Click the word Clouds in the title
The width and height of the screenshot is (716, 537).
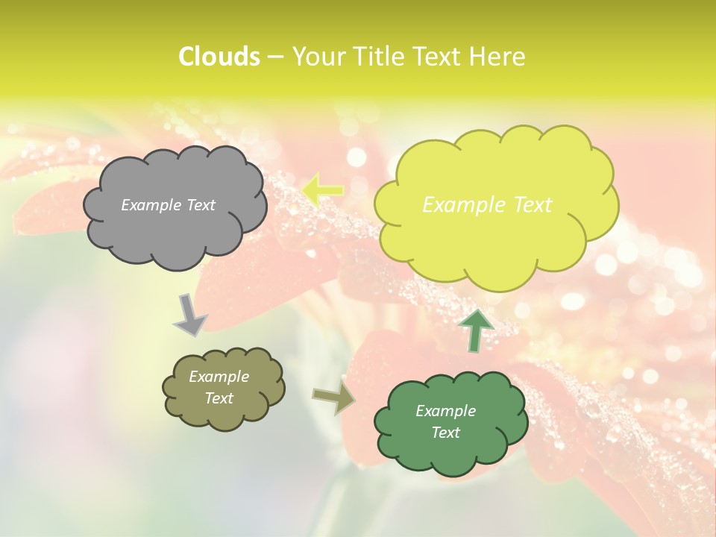coord(219,57)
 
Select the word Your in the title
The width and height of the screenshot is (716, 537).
coord(318,57)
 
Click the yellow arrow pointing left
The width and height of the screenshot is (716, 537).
coord(323,190)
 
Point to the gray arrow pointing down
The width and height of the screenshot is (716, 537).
coord(190,314)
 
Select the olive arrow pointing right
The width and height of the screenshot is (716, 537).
coord(334,398)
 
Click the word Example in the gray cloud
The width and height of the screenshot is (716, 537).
coord(151,205)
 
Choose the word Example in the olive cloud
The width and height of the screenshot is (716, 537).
coord(219,377)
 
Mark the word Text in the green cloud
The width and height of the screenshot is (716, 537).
coord(445,433)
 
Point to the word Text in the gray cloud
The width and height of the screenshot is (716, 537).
coord(200,205)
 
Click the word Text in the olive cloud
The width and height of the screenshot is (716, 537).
coord(219,398)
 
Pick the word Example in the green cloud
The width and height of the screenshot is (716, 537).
coord(445,411)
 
